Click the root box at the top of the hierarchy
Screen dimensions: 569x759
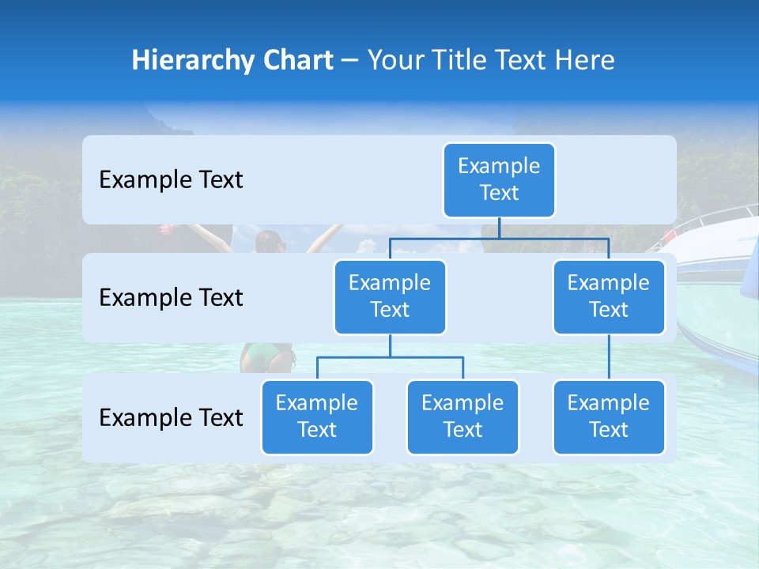499,179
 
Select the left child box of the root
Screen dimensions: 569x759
390,296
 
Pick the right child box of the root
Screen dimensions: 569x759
609,296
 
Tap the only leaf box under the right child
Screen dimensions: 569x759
609,416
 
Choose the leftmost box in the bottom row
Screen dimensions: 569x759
317,416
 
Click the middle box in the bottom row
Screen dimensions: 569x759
463,416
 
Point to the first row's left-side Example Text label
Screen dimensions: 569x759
171,180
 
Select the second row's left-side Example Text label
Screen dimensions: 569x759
171,298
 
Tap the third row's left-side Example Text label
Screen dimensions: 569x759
171,417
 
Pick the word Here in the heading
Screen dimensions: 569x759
586,60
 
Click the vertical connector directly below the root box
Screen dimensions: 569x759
499,228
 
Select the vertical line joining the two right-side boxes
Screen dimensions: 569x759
609,357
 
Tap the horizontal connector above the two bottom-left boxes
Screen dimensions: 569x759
390,357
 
